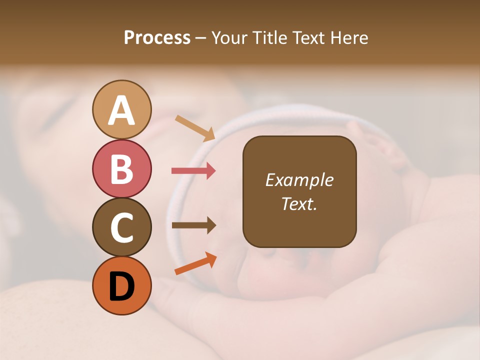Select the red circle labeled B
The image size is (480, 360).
click(x=121, y=168)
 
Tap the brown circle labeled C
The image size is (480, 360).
click(x=121, y=227)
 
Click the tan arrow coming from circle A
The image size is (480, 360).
click(x=195, y=127)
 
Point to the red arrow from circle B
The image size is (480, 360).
click(x=193, y=171)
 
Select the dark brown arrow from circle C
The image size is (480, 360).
click(x=193, y=225)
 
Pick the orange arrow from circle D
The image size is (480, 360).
click(x=195, y=263)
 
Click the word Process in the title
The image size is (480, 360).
click(x=157, y=38)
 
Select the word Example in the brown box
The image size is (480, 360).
click(x=299, y=180)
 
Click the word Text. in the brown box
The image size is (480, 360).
click(x=299, y=203)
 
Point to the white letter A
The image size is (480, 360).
click(x=121, y=110)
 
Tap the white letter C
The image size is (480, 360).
click(x=121, y=227)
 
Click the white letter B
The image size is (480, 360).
click(x=121, y=169)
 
